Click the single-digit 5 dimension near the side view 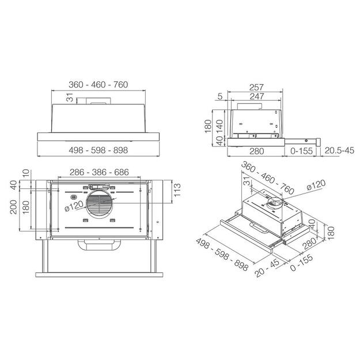[220, 96]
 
